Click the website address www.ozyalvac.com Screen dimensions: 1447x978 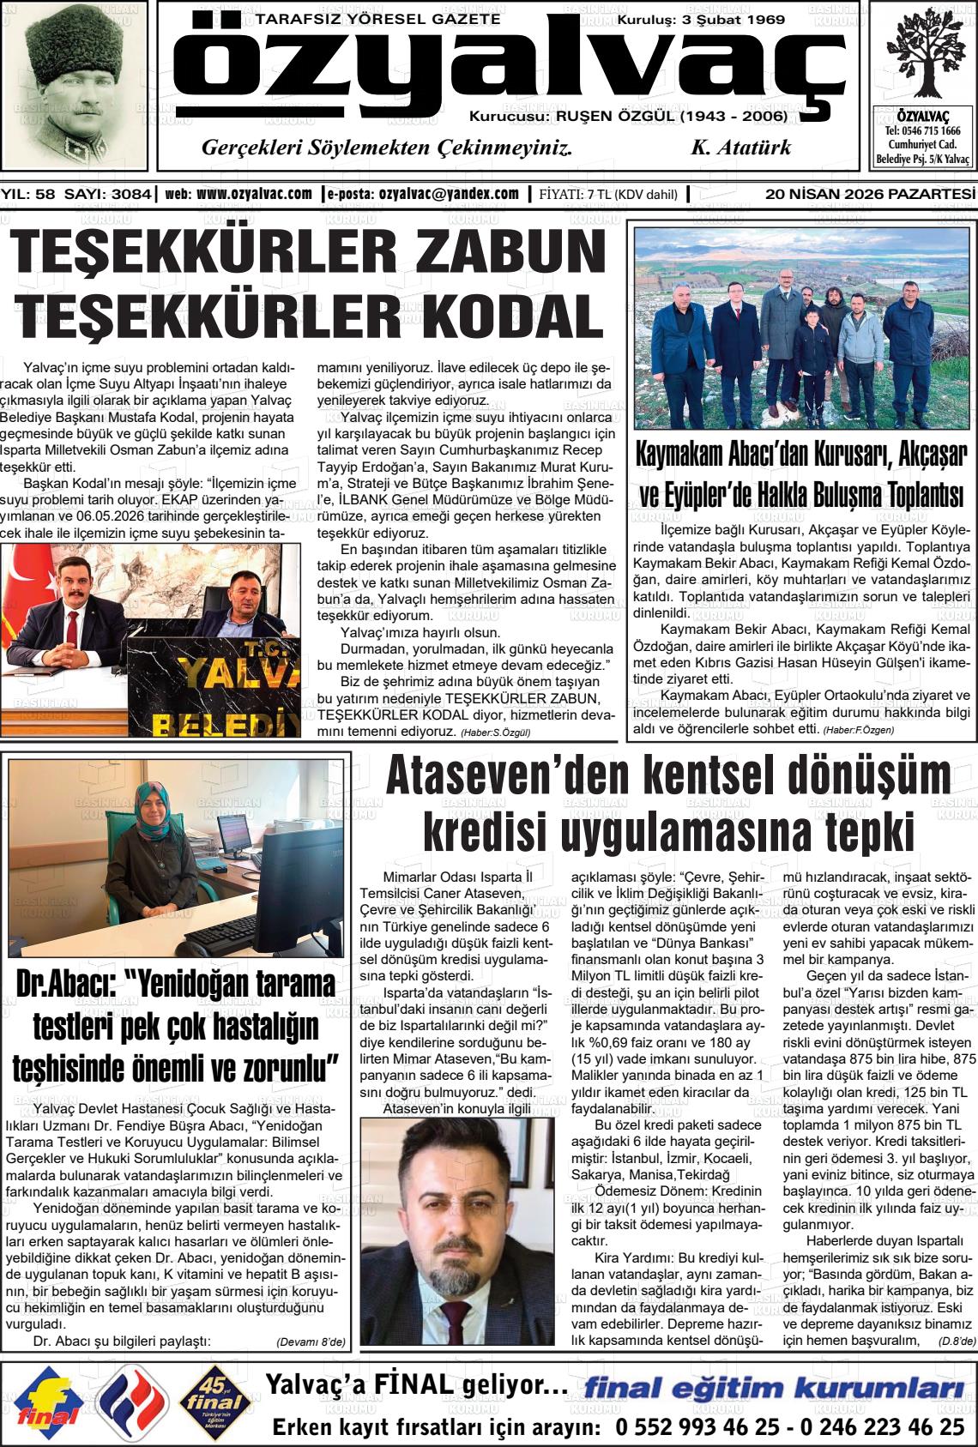254,194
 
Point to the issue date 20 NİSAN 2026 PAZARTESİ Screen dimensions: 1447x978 871,194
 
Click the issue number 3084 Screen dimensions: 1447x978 134,194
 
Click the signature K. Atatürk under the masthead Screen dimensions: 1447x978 740,148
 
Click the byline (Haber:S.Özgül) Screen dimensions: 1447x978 496,733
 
